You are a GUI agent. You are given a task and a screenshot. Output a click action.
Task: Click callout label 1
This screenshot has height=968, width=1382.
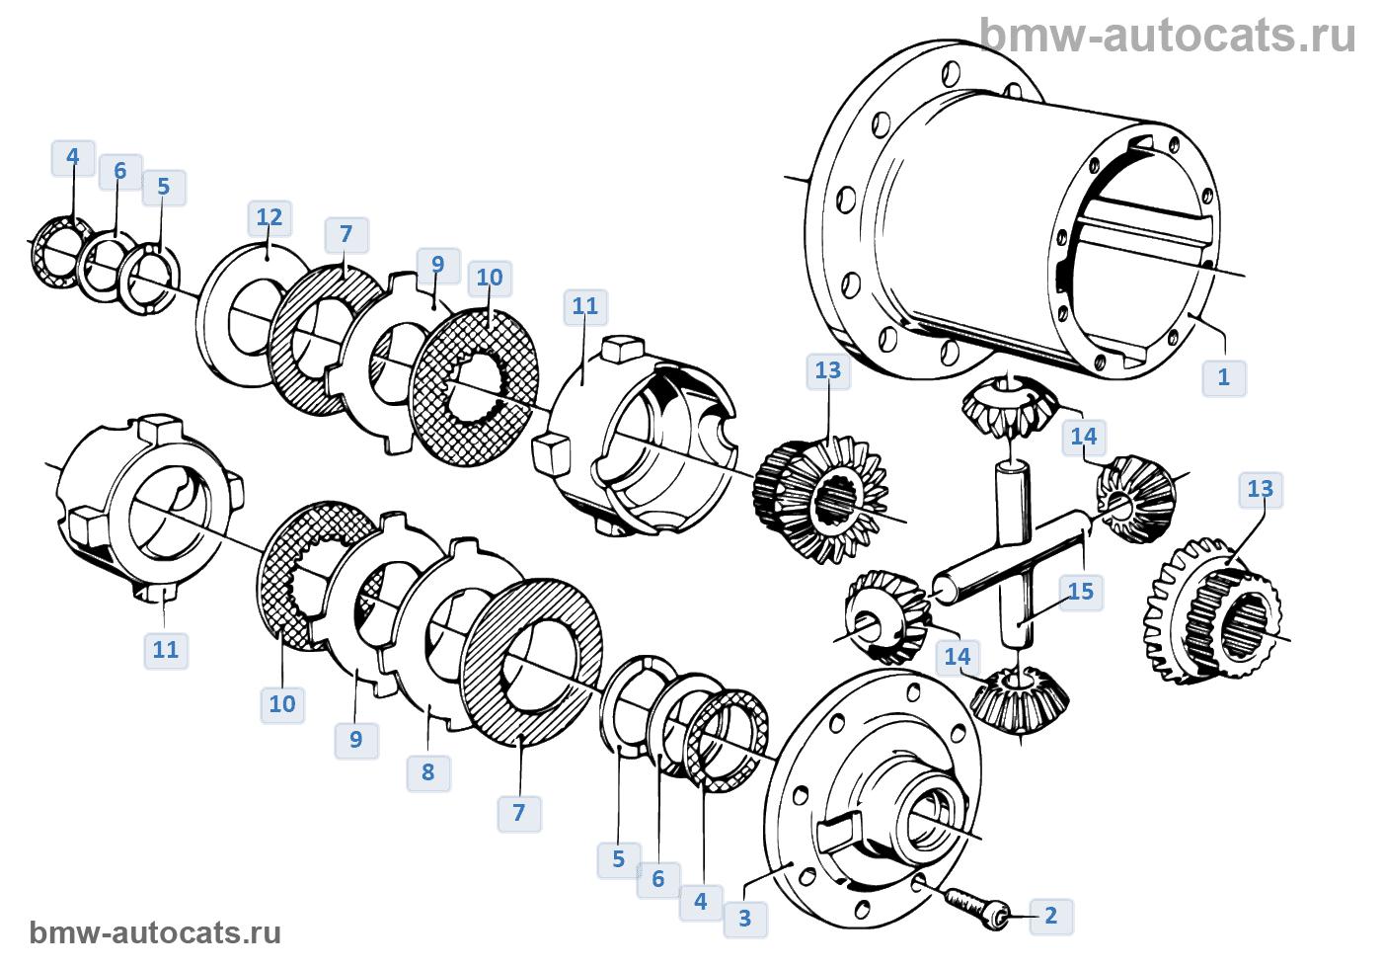[x=1224, y=376]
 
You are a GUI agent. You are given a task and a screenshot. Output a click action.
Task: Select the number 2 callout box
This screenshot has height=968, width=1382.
[x=1050, y=916]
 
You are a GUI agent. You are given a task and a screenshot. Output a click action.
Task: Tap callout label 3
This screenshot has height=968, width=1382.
[x=745, y=918]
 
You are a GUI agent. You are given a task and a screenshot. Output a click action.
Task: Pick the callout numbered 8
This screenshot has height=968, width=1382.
[x=427, y=771]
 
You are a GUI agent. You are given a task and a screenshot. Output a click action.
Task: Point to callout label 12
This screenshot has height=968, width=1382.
[x=269, y=217]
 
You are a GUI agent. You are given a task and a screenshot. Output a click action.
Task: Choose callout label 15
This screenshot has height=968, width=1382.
[x=1081, y=592]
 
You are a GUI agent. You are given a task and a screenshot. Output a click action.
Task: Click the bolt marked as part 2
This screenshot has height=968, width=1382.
[x=972, y=903]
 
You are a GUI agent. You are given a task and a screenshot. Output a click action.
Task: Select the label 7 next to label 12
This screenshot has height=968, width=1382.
[x=345, y=235]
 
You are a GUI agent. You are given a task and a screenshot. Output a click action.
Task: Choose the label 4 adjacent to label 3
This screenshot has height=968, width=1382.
[x=701, y=901]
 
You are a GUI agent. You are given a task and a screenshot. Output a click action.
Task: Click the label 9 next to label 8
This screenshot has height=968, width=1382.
[x=356, y=738]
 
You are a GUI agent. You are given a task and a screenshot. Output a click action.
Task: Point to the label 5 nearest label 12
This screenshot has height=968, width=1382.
[x=164, y=186]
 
